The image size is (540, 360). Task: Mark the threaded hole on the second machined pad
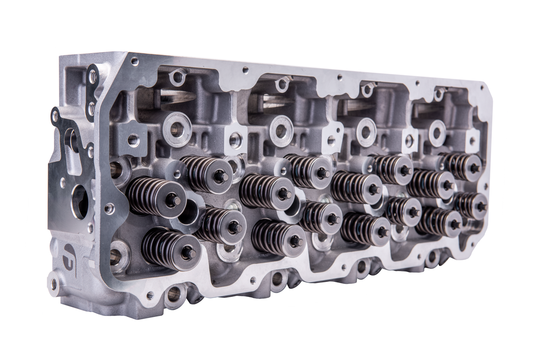coord(235,139)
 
